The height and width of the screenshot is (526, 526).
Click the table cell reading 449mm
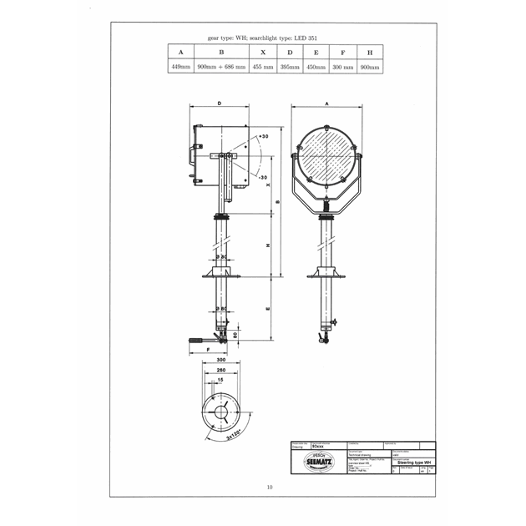[180, 65]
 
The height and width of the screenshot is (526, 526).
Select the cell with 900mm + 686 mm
[220, 65]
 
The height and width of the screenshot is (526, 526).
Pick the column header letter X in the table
[262, 51]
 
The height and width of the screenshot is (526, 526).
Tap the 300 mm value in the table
[343, 65]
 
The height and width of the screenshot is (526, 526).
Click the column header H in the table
[369, 51]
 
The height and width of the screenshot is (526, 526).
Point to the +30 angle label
[263, 136]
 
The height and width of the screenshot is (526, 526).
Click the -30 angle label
[263, 178]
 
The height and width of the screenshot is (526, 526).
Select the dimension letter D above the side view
[219, 104]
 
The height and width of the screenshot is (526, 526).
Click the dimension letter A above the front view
[326, 104]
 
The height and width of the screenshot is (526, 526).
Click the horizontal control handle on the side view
[200, 340]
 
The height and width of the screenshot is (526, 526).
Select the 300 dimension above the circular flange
[221, 361]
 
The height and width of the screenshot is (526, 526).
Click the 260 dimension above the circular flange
[221, 371]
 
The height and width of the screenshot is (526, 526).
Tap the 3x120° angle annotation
[236, 436]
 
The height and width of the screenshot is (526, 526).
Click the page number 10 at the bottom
[269, 488]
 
